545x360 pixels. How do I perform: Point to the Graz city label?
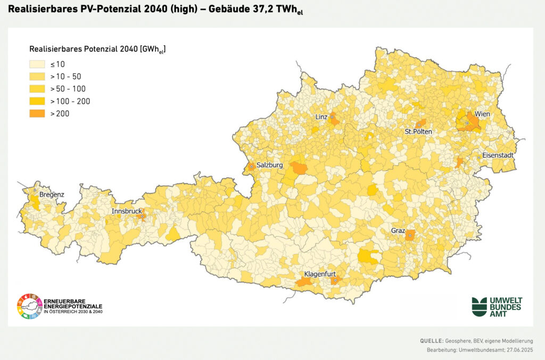[x=398, y=231]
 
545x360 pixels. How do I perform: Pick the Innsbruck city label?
[x=127, y=211]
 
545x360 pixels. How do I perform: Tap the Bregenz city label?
[x=52, y=195]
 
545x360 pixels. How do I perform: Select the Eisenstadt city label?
[x=498, y=156]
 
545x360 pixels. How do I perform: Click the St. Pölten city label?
[x=418, y=132]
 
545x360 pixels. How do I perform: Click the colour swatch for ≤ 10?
[x=37, y=64]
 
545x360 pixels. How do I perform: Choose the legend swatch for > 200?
[x=37, y=113]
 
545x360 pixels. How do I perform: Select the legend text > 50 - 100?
[x=68, y=89]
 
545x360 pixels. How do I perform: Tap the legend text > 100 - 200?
[x=70, y=101]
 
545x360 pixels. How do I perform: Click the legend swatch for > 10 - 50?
[x=37, y=77]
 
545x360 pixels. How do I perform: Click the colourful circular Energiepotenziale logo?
[x=29, y=306]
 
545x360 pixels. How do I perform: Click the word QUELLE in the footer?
[x=431, y=340]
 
